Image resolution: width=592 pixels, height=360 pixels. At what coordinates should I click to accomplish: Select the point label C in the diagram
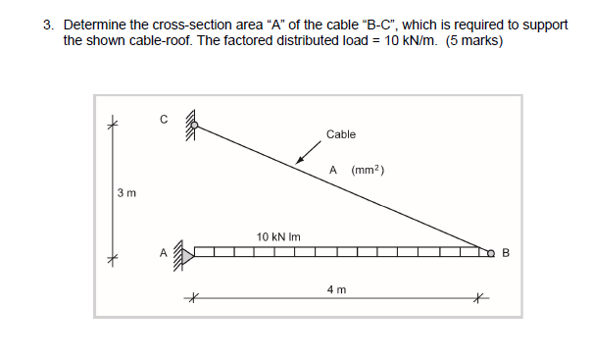165,120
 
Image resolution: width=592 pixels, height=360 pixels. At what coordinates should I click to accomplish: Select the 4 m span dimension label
335,290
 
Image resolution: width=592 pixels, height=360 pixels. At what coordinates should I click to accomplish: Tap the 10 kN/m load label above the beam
275,236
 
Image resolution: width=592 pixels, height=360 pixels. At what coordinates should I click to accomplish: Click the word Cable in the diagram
341,134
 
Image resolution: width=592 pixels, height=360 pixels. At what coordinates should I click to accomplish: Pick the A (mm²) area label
357,171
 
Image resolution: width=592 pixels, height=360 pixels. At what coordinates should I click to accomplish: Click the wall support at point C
191,125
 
